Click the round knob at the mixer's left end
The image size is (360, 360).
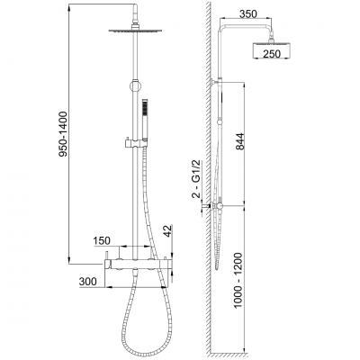tap(105, 262)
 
